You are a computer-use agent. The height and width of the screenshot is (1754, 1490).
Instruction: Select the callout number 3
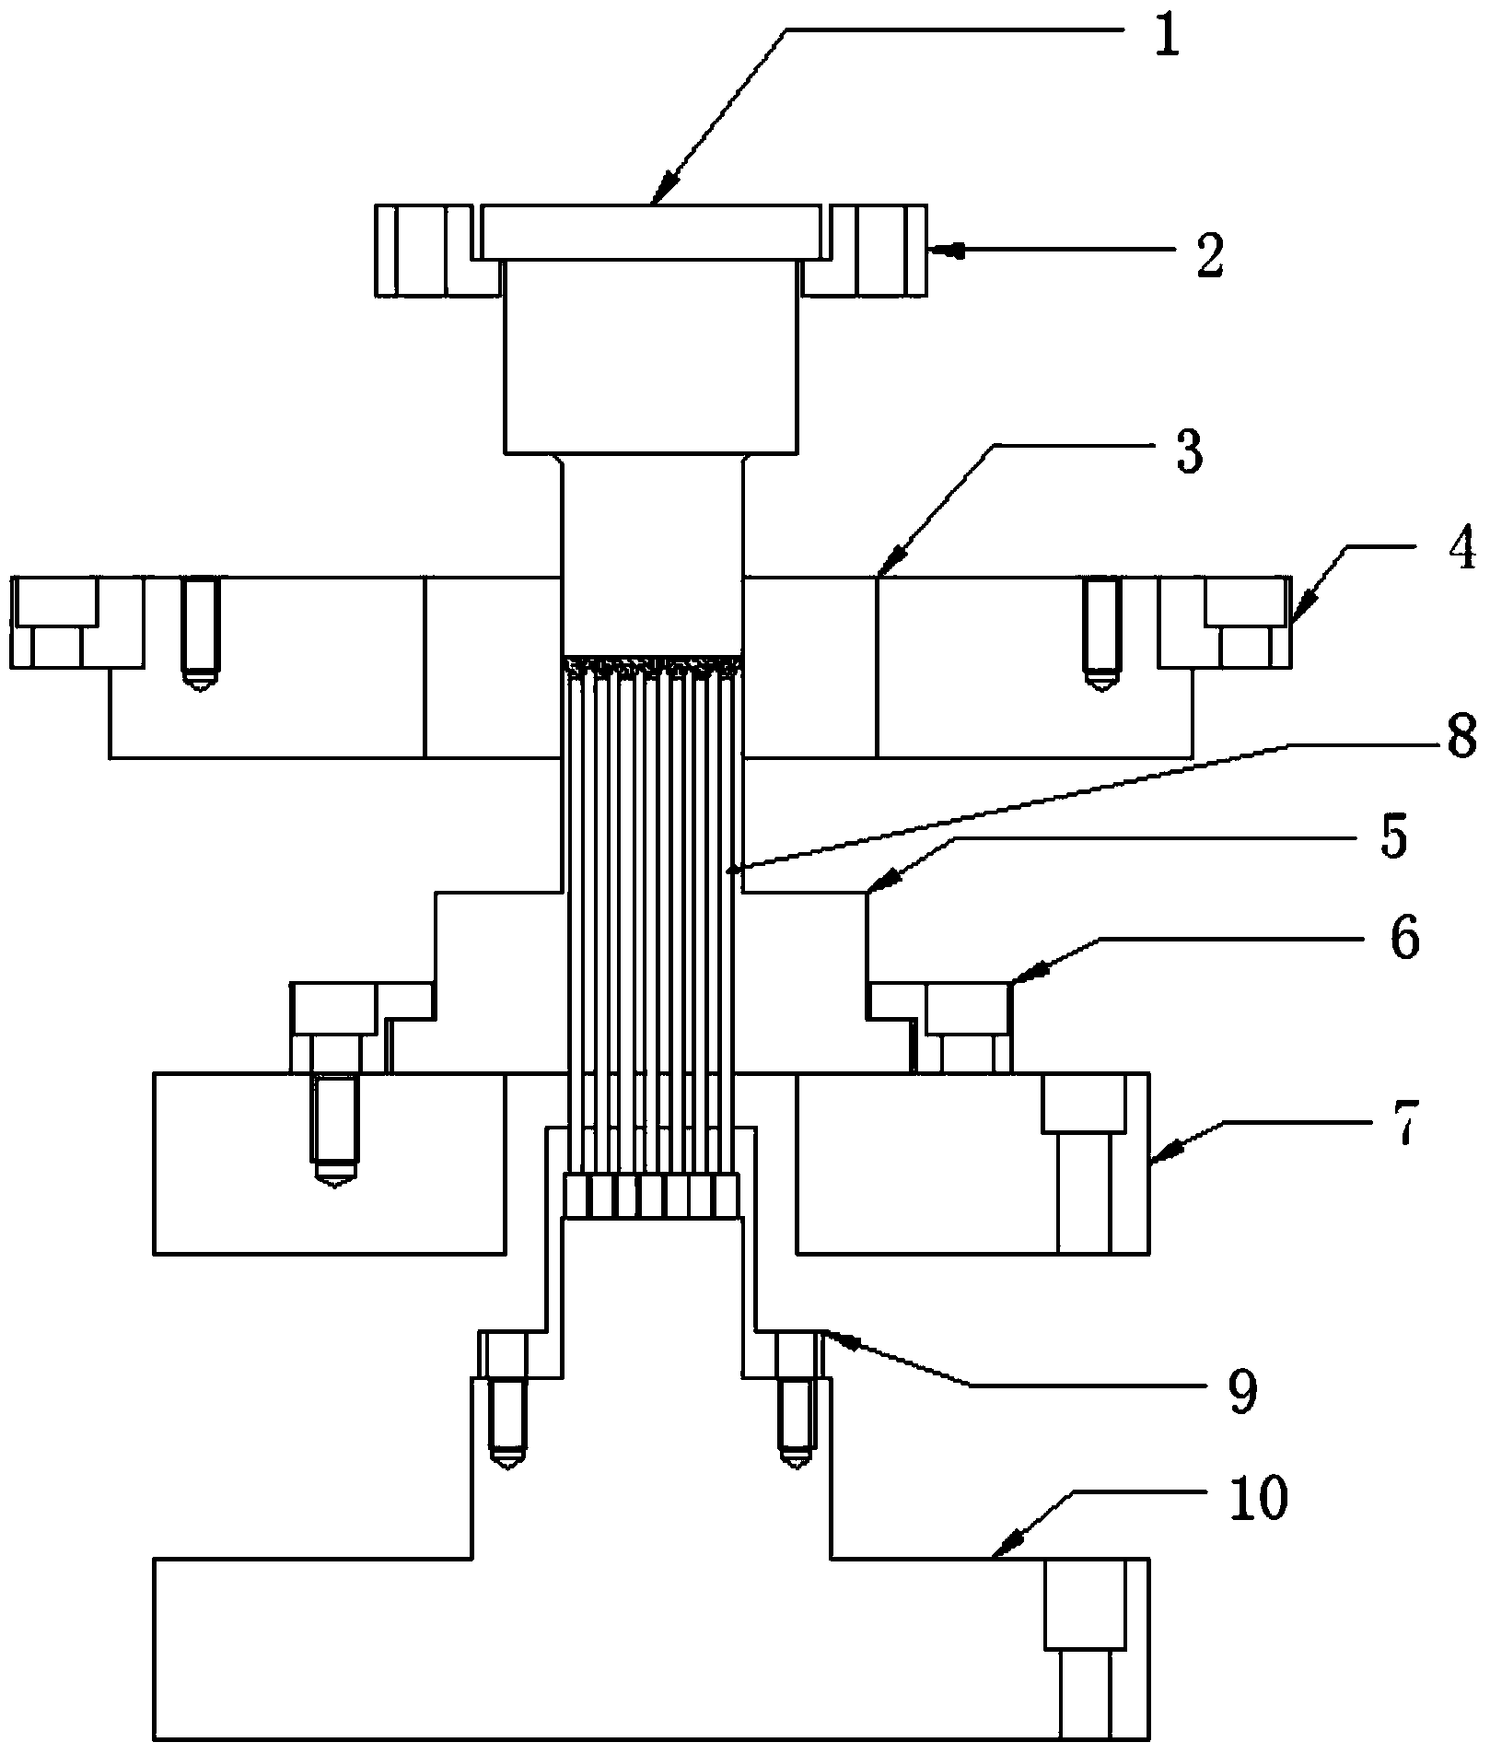1190,455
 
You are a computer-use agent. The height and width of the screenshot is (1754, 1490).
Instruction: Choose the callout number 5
1394,839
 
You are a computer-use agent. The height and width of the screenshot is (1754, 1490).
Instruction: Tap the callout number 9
1242,1394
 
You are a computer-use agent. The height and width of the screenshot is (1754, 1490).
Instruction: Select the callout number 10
1261,1499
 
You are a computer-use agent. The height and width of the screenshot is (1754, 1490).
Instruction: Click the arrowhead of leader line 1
656,200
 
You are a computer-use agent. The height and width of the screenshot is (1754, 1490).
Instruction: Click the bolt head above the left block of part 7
335,1008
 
